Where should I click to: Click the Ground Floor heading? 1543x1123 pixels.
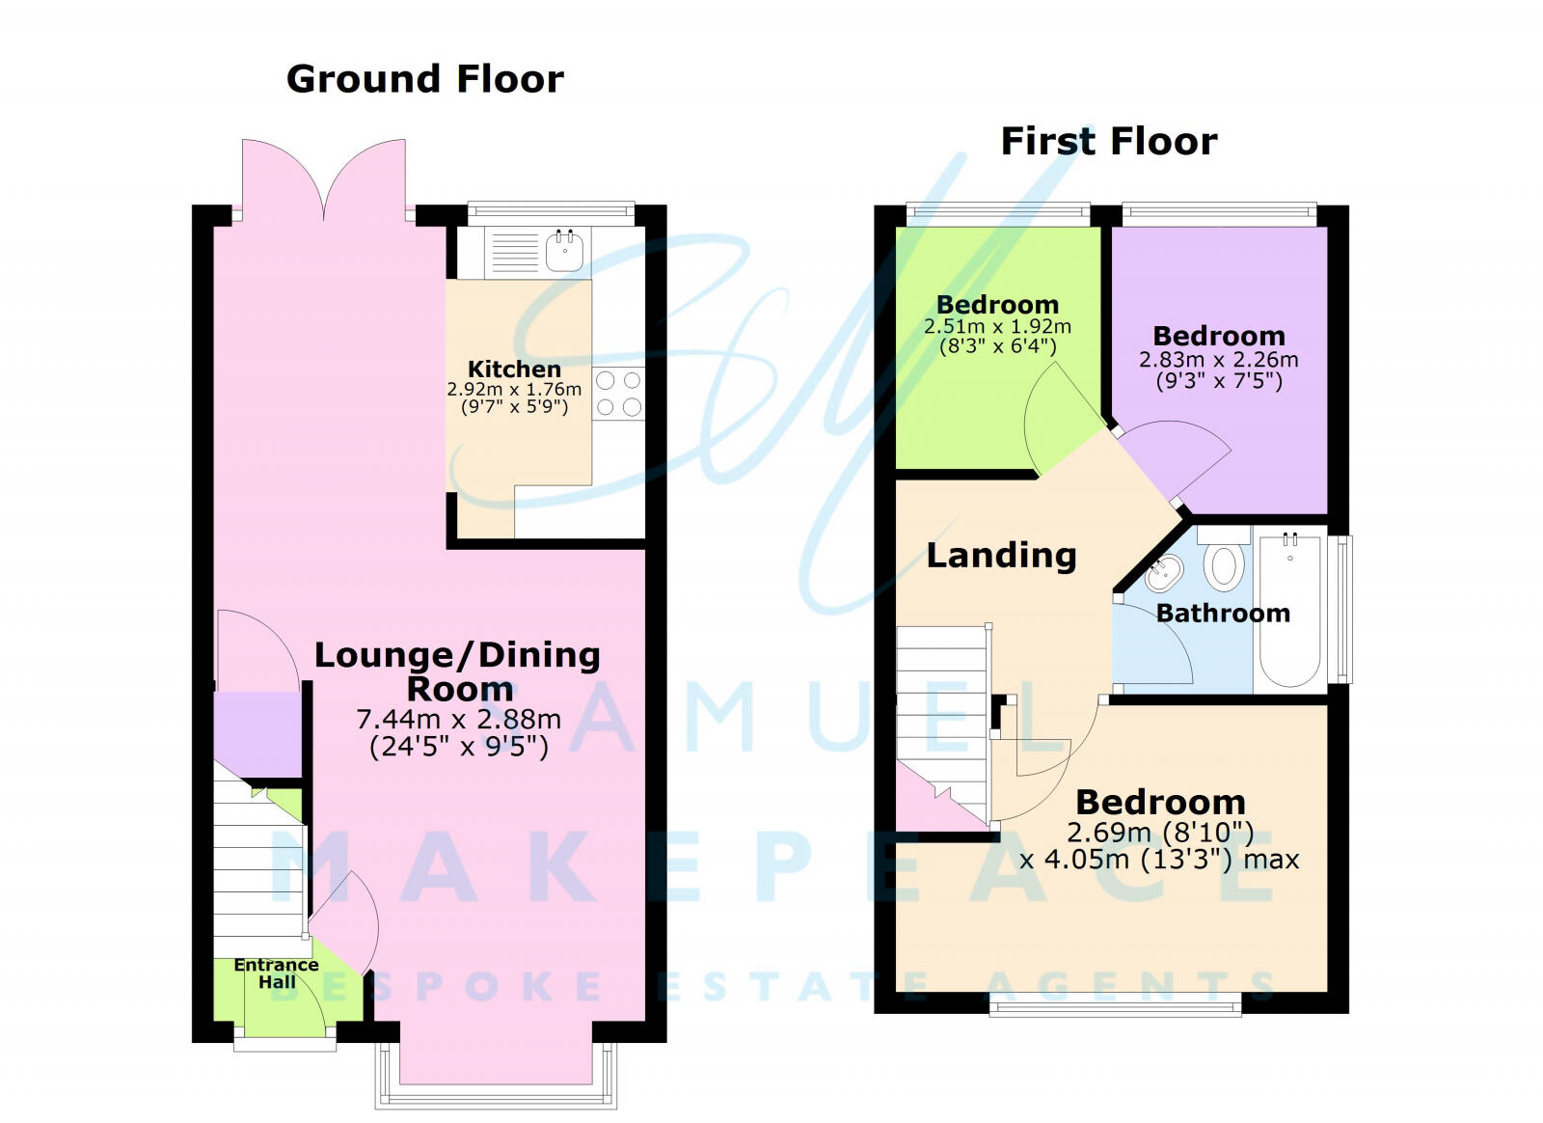coord(424,79)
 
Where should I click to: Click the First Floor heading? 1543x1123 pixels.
coord(1109,142)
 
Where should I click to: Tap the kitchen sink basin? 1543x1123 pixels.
coord(564,253)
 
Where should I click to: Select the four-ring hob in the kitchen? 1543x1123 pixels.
coord(618,394)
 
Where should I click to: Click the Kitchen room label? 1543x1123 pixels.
coord(514,369)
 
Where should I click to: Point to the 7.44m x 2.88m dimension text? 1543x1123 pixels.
coord(458,719)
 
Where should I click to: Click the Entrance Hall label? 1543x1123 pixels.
coord(276,972)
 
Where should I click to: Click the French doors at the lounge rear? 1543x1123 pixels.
coord(323,183)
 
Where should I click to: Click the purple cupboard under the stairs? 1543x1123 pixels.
coord(257,733)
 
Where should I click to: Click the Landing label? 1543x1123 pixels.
coord(1001,555)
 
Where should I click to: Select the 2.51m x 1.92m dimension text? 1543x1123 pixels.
coord(997,327)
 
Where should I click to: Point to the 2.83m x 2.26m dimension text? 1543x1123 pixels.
coord(1218,360)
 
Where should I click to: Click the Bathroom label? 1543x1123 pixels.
coord(1223,613)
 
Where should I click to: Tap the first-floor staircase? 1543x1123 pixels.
coord(942,714)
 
